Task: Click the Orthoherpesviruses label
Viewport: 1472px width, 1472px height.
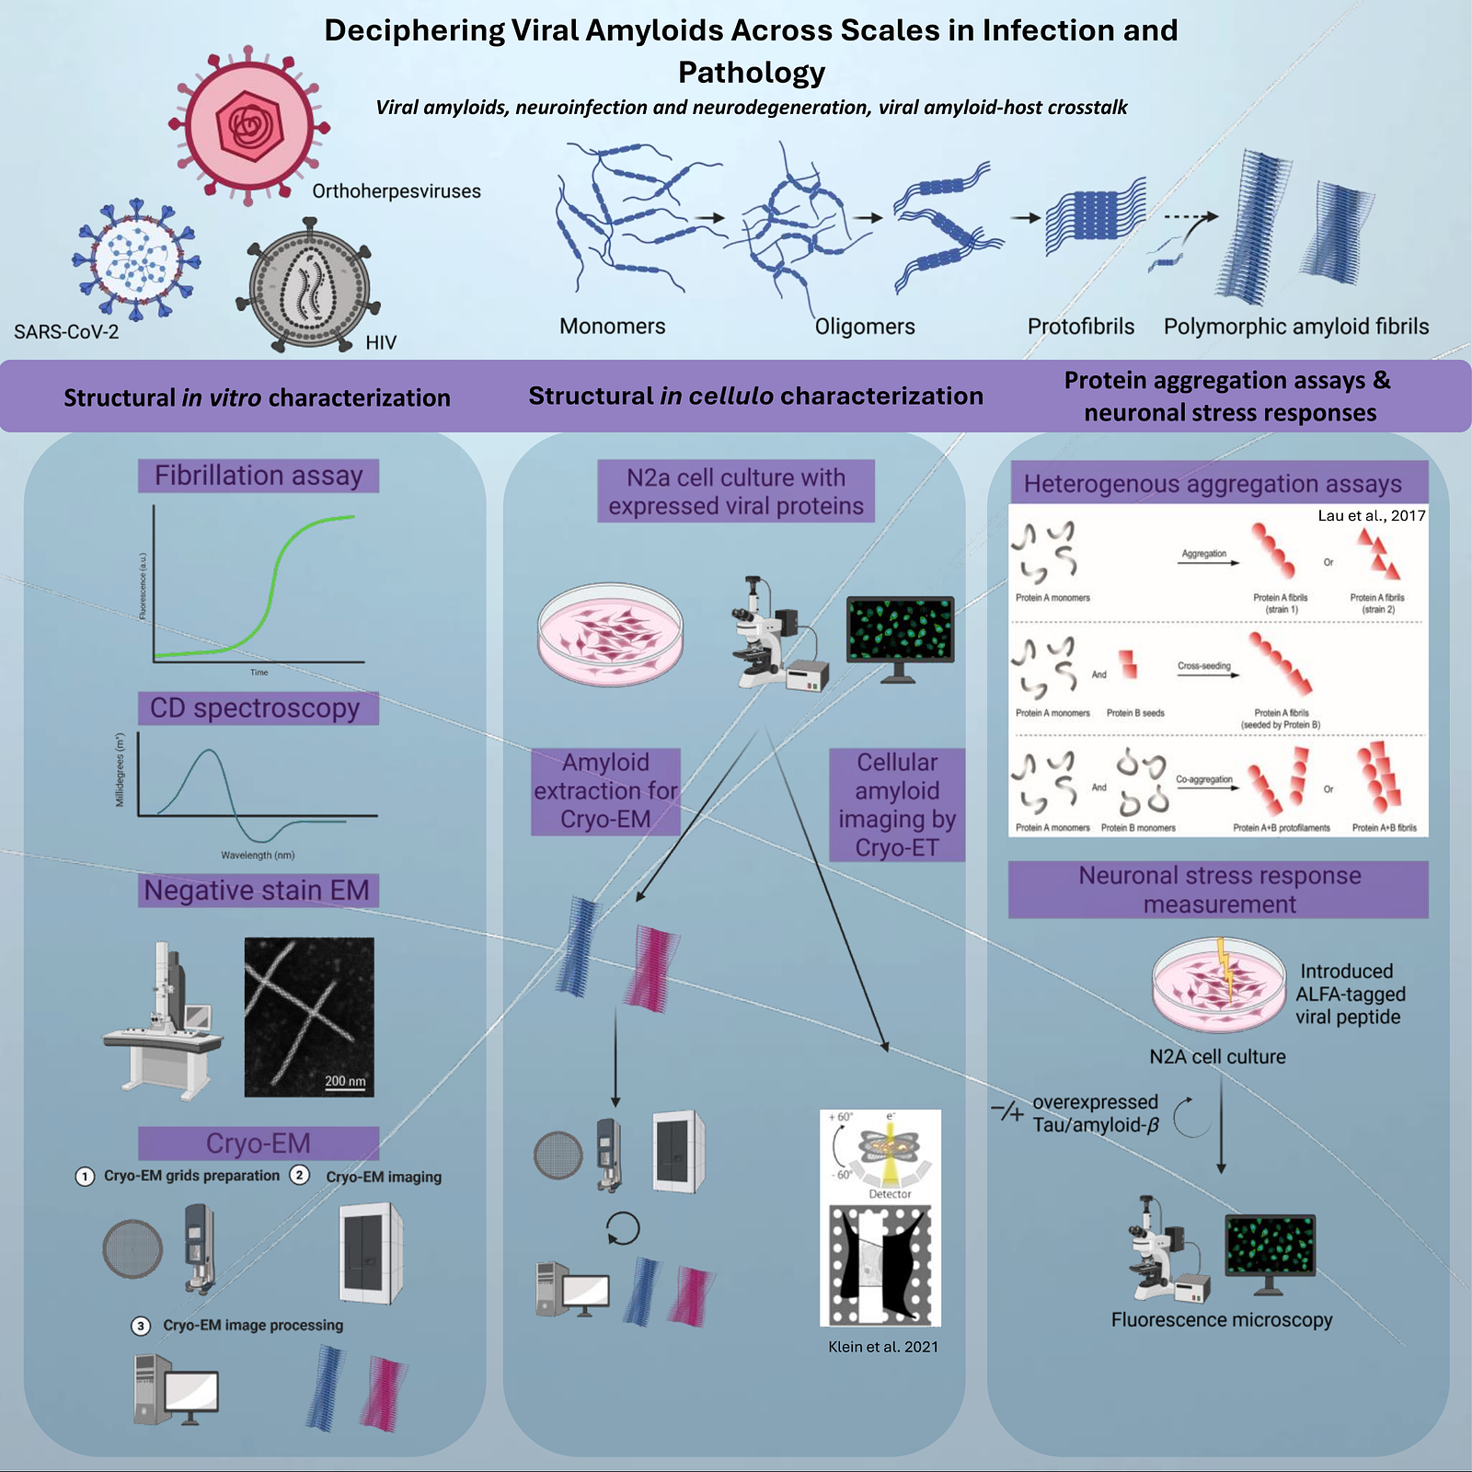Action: click(x=396, y=191)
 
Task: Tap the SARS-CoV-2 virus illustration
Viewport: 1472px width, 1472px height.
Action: click(x=137, y=259)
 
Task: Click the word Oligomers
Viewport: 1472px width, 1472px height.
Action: click(x=865, y=327)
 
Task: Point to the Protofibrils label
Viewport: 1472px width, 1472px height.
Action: click(x=1080, y=327)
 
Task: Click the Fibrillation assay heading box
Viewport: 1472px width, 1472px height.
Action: click(x=259, y=476)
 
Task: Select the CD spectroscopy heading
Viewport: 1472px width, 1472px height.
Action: click(x=256, y=708)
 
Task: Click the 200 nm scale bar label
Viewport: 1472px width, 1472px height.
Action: click(x=345, y=1081)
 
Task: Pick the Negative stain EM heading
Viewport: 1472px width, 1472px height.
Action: click(x=257, y=891)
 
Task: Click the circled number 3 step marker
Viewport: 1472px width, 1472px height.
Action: click(x=141, y=1326)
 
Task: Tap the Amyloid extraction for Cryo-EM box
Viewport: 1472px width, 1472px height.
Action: click(x=605, y=791)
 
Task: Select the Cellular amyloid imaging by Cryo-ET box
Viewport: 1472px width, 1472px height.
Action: click(x=897, y=805)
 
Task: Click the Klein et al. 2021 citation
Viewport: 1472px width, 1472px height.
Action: click(x=883, y=1347)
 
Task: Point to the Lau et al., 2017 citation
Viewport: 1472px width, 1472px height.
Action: click(x=1371, y=515)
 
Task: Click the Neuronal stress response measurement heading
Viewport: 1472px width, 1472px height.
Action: click(x=1219, y=890)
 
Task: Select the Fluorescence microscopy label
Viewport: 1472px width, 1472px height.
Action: click(x=1221, y=1320)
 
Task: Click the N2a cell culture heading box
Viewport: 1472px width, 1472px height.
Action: click(x=736, y=491)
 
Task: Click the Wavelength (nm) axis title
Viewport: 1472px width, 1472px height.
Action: click(x=258, y=856)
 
